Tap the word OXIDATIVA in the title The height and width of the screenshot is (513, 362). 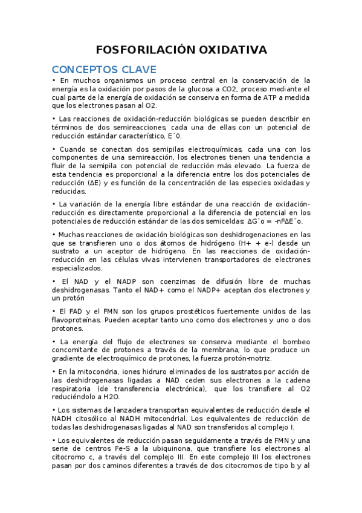pos(225,50)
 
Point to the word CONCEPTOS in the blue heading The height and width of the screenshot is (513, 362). pos(79,69)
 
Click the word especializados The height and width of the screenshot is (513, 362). pos(77,268)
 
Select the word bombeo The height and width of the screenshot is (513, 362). pos(296,342)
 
